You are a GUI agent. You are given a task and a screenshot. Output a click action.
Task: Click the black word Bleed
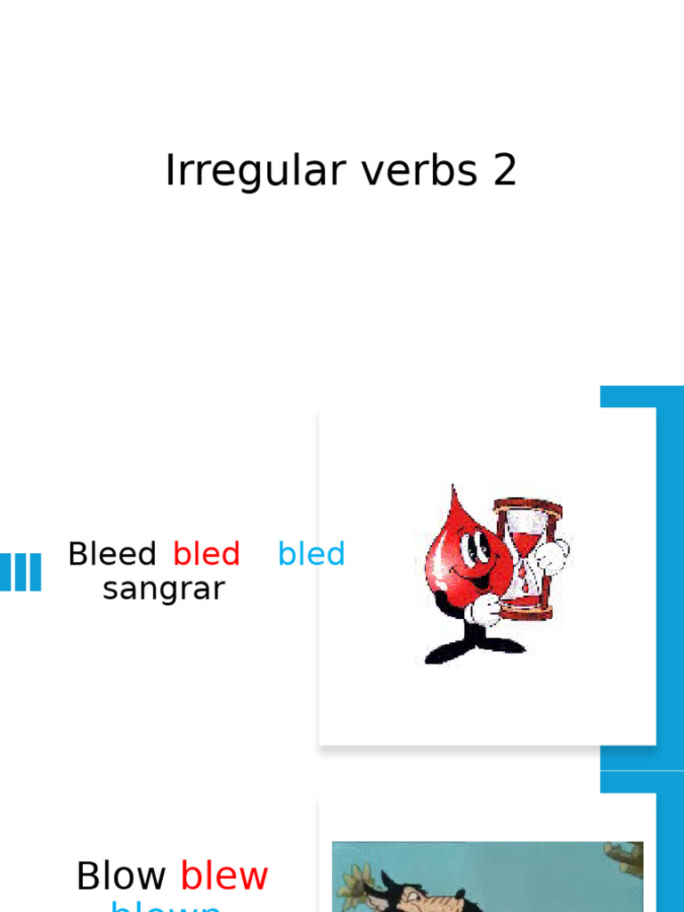[112, 554]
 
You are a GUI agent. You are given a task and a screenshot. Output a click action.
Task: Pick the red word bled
[206, 554]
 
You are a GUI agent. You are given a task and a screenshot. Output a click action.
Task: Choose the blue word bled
[311, 554]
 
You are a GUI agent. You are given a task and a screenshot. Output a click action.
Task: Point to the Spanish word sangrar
[164, 589]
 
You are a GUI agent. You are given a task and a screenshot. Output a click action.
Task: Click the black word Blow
[122, 876]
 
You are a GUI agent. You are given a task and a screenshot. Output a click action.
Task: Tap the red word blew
[224, 876]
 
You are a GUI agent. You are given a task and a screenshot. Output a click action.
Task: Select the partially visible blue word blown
[166, 906]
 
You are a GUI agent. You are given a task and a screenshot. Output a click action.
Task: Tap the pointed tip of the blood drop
[453, 491]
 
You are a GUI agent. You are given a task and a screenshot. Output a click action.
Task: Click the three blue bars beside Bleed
[20, 572]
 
